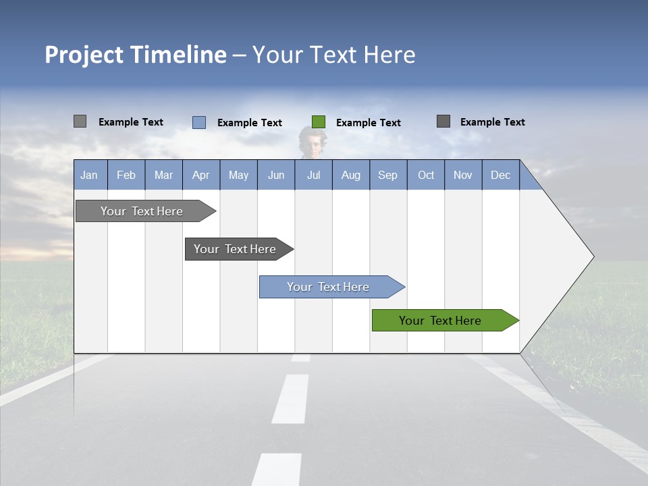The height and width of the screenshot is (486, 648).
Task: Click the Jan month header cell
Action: coord(89,175)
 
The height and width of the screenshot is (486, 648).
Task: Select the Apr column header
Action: coord(200,175)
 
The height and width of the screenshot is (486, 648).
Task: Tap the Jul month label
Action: coord(313,175)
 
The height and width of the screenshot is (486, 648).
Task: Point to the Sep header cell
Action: coord(387,175)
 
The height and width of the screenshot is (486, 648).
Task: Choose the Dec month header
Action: coord(500,175)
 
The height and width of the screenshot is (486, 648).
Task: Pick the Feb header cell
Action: coord(126,175)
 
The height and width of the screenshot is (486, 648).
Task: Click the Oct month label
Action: coord(426,175)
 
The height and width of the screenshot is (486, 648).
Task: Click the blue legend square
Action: coord(199,122)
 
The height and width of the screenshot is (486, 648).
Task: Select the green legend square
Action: coord(319,122)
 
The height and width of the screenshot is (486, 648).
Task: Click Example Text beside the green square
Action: coord(369,123)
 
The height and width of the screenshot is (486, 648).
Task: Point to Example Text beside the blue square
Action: coord(250,123)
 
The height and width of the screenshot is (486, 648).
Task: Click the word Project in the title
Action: coord(84,55)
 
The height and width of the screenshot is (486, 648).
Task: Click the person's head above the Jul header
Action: coord(313,141)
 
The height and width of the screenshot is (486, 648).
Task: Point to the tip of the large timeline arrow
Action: coord(593,256)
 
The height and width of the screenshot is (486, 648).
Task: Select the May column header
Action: coord(238,175)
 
